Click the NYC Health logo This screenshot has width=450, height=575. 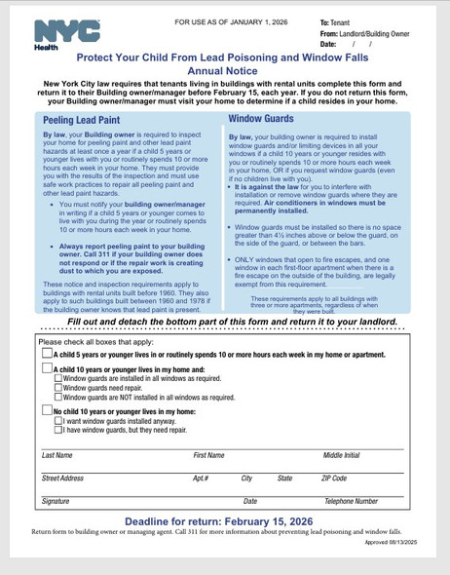click(x=65, y=33)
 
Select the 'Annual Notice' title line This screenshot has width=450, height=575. click(x=224, y=71)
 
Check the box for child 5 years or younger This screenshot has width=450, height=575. click(x=47, y=355)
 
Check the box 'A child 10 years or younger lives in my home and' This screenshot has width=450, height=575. click(x=47, y=370)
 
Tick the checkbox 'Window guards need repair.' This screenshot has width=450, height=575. click(x=57, y=388)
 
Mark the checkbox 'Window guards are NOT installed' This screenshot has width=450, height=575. click(x=57, y=398)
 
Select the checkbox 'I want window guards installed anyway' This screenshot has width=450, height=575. click(x=57, y=421)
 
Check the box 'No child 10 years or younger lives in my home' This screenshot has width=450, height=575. click(x=47, y=411)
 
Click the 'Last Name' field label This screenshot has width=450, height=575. click(x=56, y=455)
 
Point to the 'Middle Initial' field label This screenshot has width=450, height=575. click(x=341, y=455)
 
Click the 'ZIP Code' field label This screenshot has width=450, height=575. click(x=333, y=479)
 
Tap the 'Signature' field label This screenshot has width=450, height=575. click(x=56, y=501)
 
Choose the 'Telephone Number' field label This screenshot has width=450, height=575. click(x=351, y=501)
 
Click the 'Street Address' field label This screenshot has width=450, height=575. click(x=62, y=479)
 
